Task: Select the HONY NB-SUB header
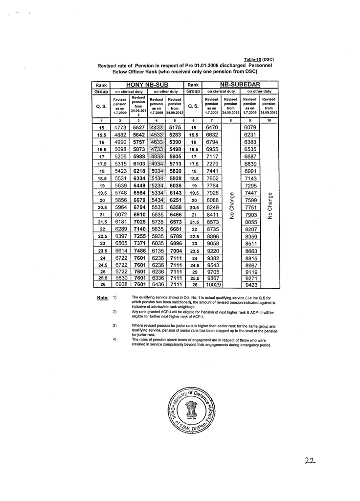147,85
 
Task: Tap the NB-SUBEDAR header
240,85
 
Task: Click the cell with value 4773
120,127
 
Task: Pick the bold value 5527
139,127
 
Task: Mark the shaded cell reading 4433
157,127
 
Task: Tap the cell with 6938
120,285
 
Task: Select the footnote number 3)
114,325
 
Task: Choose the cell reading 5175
175,127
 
